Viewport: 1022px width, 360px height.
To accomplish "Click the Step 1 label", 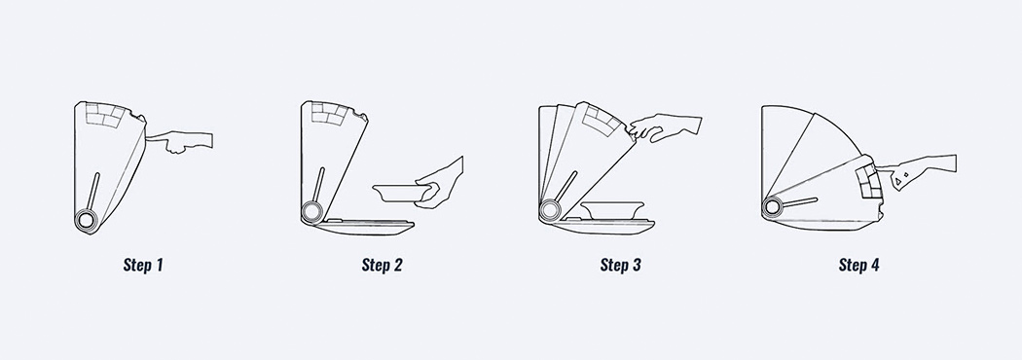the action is coord(143,265).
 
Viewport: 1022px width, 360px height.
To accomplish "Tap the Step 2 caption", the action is coord(382,265).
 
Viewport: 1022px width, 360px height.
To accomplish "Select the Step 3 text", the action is coord(621,265).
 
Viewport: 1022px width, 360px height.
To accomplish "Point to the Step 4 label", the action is coord(859,265).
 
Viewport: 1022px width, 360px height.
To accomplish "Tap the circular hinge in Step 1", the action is coord(86,219).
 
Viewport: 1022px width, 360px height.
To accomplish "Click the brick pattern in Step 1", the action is coord(104,114).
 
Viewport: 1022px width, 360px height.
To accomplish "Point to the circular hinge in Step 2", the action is coord(311,211).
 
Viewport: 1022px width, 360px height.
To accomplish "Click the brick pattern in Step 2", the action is coord(329,113).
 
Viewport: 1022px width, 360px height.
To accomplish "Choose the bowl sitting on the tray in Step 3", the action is coord(612,210).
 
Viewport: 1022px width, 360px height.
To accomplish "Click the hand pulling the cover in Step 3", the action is coord(665,127).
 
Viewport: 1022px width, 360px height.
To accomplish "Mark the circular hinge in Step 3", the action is coord(551,209).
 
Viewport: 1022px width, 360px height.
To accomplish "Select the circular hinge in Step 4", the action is coord(773,207).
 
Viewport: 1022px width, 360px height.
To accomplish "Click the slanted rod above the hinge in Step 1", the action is coord(93,192).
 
